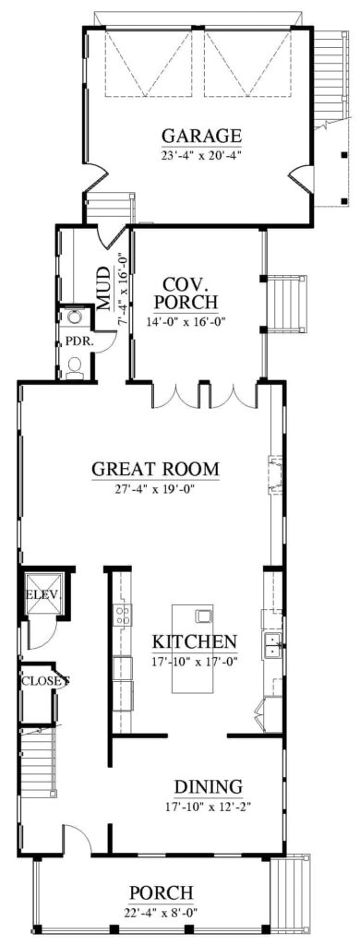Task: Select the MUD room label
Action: [x=106, y=288]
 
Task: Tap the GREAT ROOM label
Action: [x=156, y=469]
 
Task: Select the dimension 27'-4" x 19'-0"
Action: [x=156, y=488]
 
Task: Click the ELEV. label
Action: [x=42, y=594]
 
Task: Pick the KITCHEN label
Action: [x=195, y=641]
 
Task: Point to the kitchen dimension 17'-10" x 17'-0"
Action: [x=195, y=662]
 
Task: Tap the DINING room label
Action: [x=209, y=786]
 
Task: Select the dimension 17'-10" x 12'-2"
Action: [x=209, y=806]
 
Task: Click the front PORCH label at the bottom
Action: [x=162, y=892]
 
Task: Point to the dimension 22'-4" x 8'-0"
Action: [x=162, y=912]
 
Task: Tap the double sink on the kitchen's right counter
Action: [x=271, y=646]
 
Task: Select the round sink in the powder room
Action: [x=74, y=318]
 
